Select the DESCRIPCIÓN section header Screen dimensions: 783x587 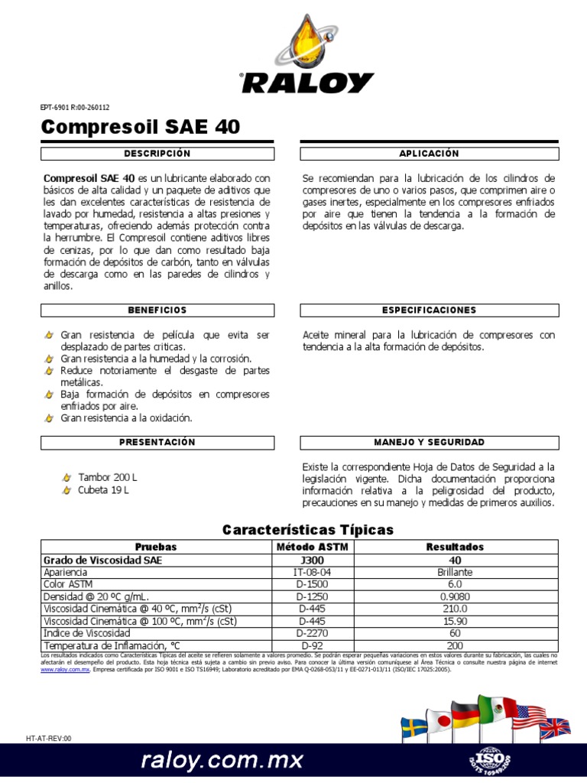(x=157, y=154)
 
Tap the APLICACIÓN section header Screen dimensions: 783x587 (x=429, y=154)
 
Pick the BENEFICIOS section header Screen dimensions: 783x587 (x=157, y=310)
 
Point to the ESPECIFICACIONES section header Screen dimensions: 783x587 (x=429, y=310)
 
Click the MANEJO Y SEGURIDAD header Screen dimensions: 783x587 (x=429, y=443)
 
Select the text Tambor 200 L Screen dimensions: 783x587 (x=108, y=477)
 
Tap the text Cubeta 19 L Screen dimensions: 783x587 (x=103, y=490)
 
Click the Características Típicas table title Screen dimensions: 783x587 (x=307, y=530)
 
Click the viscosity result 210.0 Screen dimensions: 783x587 (x=455, y=609)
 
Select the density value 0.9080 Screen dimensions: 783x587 (x=455, y=596)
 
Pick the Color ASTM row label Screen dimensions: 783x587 (x=68, y=584)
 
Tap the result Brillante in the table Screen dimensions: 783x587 (x=455, y=572)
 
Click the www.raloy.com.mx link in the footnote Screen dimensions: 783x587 (x=65, y=669)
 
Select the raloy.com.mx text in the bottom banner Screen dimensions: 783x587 (x=222, y=760)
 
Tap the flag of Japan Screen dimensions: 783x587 (x=439, y=721)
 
